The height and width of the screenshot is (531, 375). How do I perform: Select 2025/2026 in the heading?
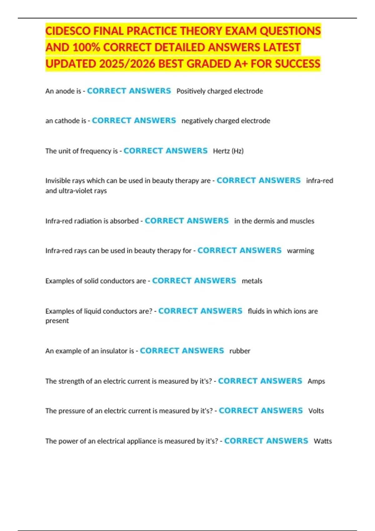click(127, 64)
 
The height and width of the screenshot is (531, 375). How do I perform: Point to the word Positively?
click(191, 91)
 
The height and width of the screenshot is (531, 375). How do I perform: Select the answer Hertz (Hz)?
click(228, 151)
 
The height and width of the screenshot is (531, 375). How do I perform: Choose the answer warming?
click(300, 251)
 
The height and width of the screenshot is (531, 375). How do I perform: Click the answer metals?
click(252, 281)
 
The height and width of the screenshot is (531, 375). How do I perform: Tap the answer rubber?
click(240, 351)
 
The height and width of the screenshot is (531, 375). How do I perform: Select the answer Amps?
click(316, 381)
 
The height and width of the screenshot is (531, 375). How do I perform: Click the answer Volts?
click(316, 411)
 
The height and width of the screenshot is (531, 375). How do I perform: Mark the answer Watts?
click(323, 441)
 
